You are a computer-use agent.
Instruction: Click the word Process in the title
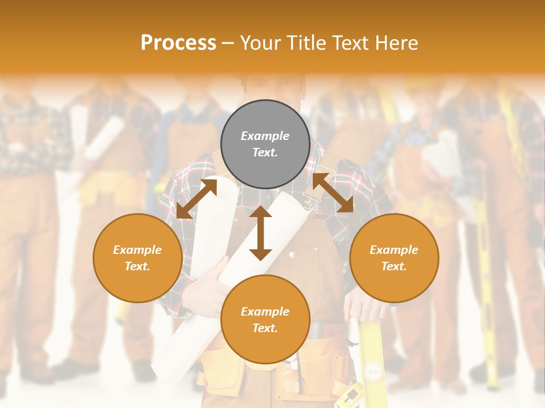pyautogui.click(x=178, y=43)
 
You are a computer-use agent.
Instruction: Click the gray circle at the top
pyautogui.click(x=265, y=144)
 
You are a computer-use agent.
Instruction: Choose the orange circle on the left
pyautogui.click(x=137, y=258)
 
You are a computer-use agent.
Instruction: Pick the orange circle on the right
pyautogui.click(x=394, y=258)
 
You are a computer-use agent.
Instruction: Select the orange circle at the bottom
pyautogui.click(x=265, y=320)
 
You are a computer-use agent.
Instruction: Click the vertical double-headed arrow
pyautogui.click(x=261, y=233)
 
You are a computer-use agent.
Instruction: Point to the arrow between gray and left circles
pyautogui.click(x=196, y=198)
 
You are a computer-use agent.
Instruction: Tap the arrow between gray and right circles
pyautogui.click(x=333, y=193)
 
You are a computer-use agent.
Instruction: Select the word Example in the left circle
pyautogui.click(x=137, y=250)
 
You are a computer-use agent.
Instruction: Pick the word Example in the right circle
pyautogui.click(x=394, y=250)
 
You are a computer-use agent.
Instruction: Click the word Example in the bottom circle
pyautogui.click(x=265, y=312)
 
